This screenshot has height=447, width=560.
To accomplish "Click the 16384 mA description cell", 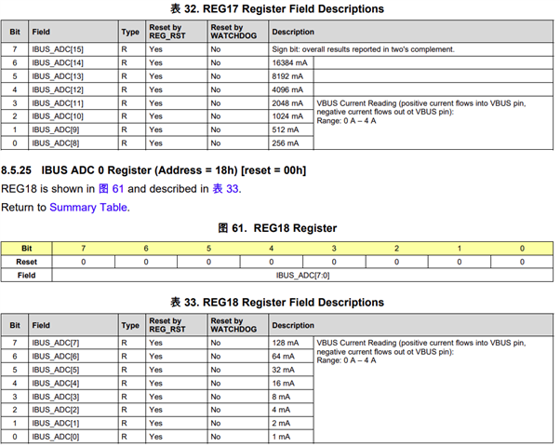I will click(x=290, y=61).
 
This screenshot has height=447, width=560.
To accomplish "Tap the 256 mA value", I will click(x=287, y=143).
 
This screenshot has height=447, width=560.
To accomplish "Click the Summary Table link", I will click(x=89, y=207).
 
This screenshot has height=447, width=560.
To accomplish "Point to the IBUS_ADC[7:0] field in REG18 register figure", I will click(x=301, y=276).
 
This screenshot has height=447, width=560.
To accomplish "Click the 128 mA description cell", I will click(x=287, y=343).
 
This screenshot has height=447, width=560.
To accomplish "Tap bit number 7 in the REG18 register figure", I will click(x=84, y=249).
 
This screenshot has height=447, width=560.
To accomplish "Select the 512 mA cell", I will click(x=287, y=129).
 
